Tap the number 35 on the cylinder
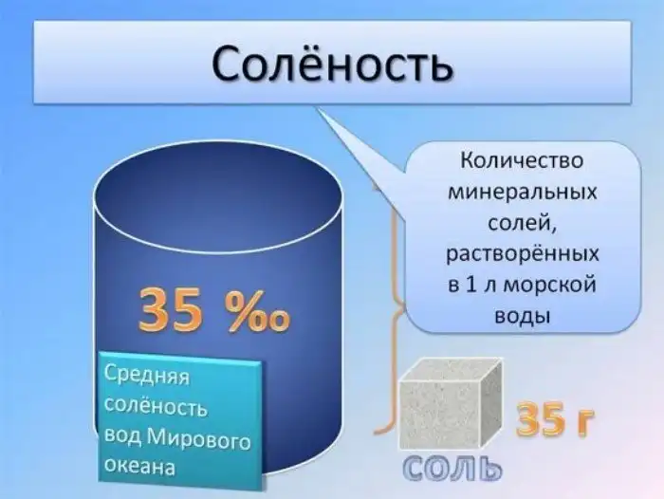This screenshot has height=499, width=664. pos(172,310)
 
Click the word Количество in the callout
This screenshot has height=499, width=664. pos(519,160)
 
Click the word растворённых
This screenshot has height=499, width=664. pos(519,254)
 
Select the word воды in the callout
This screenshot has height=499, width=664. pos(518,315)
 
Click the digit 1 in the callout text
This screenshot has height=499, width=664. pos(467,285)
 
